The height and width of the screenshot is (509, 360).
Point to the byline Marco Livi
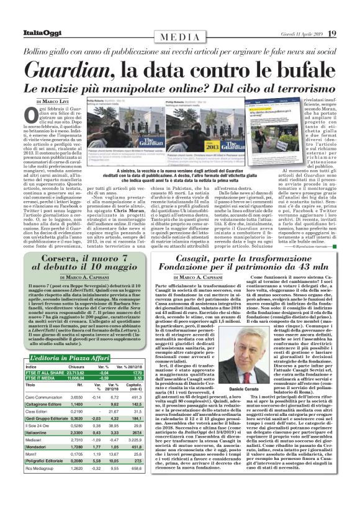58,101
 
